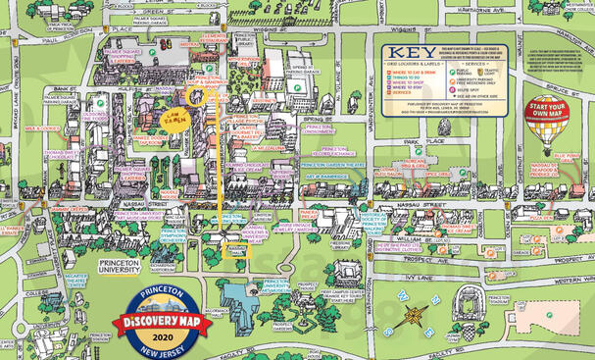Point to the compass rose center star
coord(416,316)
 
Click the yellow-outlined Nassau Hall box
coord(236,251)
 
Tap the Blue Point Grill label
coord(565,157)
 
